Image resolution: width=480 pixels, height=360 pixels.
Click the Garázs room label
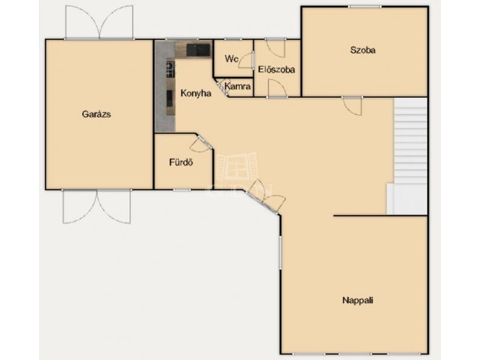(x=96, y=115)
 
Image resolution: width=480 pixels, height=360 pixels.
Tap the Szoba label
(x=363, y=50)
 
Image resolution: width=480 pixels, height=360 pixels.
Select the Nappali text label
(x=358, y=301)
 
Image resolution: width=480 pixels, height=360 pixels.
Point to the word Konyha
(x=196, y=94)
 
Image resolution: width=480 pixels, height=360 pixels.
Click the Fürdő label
(x=181, y=162)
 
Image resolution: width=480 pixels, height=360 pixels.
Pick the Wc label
(x=232, y=58)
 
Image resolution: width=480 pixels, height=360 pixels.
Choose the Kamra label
(x=238, y=86)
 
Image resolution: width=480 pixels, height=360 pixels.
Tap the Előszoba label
(x=277, y=70)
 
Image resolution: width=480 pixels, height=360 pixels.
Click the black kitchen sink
(x=199, y=50)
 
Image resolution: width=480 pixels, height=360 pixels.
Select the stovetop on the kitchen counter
(x=170, y=69)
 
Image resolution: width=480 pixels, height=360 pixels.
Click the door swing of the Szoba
(x=353, y=106)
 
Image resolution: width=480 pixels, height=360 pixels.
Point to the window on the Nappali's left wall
(x=280, y=253)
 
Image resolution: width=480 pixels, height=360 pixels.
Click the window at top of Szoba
(x=365, y=7)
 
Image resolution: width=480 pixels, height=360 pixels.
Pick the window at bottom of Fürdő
(x=182, y=190)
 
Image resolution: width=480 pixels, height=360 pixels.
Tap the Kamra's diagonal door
(x=221, y=88)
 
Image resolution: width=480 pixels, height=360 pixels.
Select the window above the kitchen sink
(x=182, y=40)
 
